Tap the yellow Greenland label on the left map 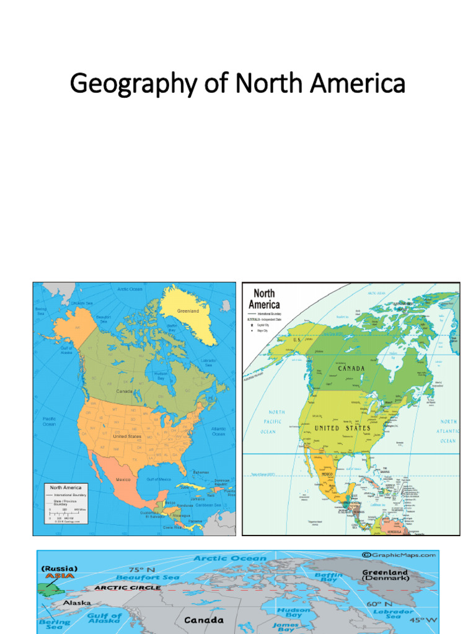(188, 311)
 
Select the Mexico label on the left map (123, 480)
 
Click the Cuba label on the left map (184, 487)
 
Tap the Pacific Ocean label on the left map (49, 422)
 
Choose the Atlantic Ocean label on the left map (218, 431)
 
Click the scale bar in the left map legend (65, 515)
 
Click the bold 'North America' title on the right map (264, 298)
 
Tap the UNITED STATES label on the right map (342, 428)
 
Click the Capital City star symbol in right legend (252, 324)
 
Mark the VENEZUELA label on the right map (395, 530)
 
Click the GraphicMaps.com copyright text (399, 555)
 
